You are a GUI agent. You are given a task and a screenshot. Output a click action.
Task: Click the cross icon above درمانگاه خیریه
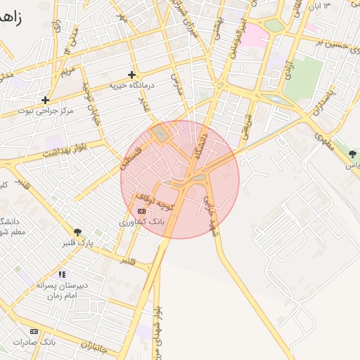(131, 75)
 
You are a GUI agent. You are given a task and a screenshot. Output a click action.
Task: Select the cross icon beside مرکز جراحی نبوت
(45, 100)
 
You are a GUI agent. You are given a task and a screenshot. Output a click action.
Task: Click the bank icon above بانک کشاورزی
(142, 211)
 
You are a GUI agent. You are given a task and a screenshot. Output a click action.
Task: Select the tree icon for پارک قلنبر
(77, 233)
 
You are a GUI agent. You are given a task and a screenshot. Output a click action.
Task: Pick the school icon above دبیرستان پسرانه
(63, 274)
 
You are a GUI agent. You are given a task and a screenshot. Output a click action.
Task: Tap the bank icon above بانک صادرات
(34, 331)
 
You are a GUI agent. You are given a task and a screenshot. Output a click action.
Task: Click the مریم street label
(67, 72)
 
